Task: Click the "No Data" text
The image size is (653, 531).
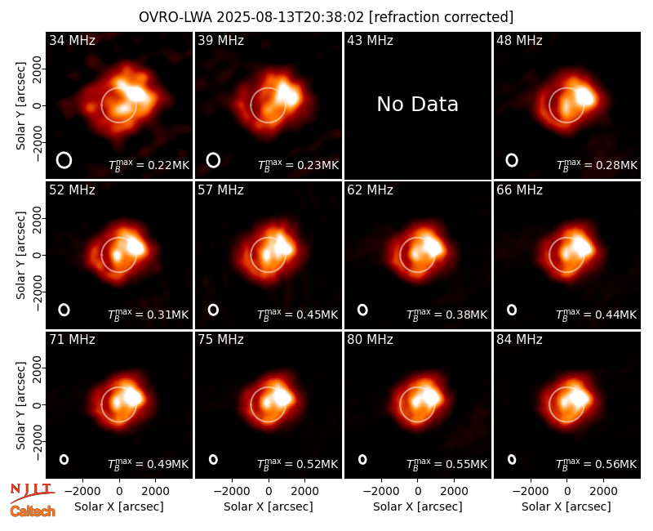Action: coord(417,105)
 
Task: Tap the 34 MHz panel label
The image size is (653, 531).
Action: coord(72,40)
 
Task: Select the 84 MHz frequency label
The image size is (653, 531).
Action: coord(519,340)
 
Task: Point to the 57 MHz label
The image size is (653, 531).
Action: coord(220,190)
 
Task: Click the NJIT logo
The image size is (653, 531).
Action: coord(33,493)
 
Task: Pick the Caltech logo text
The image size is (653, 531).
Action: coord(33,511)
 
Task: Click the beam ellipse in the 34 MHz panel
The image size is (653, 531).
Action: coord(64,160)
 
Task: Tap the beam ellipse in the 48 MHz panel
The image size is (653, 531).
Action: coord(512,160)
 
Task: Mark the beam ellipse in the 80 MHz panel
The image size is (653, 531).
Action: coord(362,459)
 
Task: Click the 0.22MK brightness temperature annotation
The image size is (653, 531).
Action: coord(149,165)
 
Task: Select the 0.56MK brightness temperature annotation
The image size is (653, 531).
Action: coord(597,463)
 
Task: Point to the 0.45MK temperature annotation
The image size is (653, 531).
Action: coord(298,314)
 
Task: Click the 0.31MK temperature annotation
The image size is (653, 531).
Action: coord(149,314)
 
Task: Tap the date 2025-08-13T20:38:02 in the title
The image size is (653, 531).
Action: coord(291,17)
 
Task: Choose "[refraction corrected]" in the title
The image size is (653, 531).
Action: coord(442,17)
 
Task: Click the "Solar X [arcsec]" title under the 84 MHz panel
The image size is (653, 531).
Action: coord(566,506)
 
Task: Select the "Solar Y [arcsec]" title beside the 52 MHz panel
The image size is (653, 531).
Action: coord(21,255)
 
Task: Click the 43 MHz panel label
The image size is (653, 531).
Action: coord(371,40)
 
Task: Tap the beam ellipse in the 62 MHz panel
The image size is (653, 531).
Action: coord(362,310)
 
